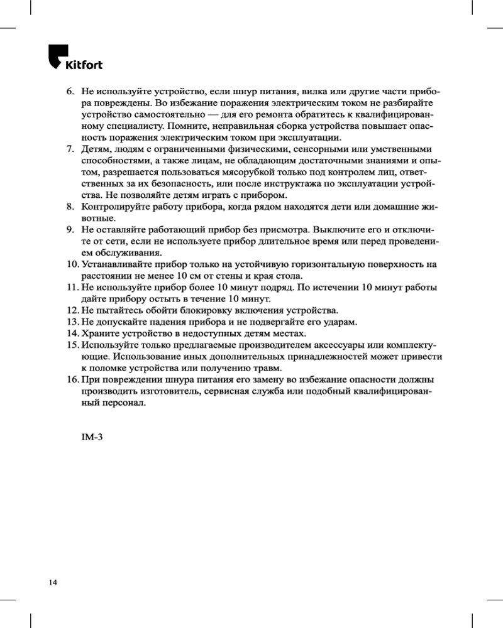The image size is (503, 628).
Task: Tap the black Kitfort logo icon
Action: (58, 56)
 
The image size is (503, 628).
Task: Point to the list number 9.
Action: (71, 230)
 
